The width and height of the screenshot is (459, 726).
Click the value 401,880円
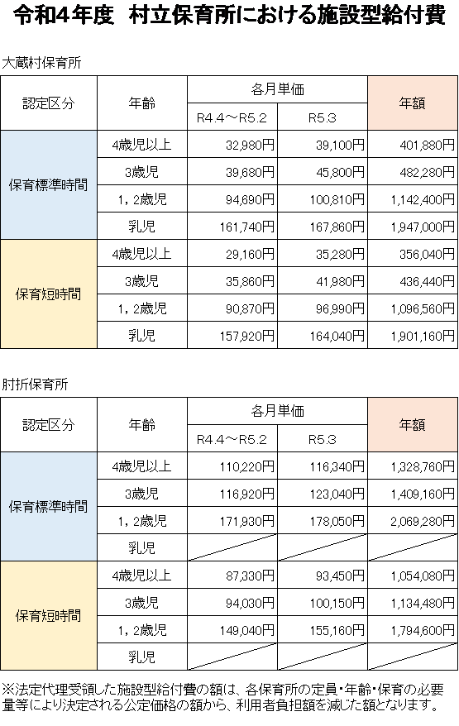pyautogui.click(x=427, y=145)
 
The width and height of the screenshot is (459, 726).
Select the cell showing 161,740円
pyautogui.click(x=247, y=227)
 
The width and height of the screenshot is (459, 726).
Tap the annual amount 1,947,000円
pyautogui.click(x=423, y=227)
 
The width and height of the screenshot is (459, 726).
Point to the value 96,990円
pyautogui.click(x=340, y=308)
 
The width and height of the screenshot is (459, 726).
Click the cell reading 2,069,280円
pyautogui.click(x=423, y=522)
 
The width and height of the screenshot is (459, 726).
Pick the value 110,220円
pyautogui.click(x=247, y=466)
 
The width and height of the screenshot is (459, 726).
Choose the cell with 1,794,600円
pyautogui.click(x=423, y=631)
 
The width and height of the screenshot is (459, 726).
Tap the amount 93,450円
pyautogui.click(x=340, y=576)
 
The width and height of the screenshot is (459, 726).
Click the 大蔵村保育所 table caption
pyautogui.click(x=41, y=63)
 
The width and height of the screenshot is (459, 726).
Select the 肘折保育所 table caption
pyautogui.click(x=36, y=384)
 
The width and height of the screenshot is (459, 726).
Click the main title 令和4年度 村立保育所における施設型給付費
pyautogui.click(x=229, y=15)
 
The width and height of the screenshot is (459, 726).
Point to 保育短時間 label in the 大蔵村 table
pyautogui.click(x=48, y=294)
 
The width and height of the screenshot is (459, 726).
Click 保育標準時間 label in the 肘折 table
pyautogui.click(x=48, y=507)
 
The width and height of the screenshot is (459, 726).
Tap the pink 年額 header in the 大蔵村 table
pyautogui.click(x=412, y=103)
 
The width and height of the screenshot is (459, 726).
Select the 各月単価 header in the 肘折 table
pyautogui.click(x=277, y=411)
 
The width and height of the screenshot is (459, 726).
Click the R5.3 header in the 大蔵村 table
pyautogui.click(x=323, y=117)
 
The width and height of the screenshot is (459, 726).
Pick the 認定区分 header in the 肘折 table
pyautogui.click(x=49, y=424)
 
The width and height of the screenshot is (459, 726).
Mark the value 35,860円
pyautogui.click(x=250, y=281)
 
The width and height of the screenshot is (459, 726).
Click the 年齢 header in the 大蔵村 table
pyautogui.click(x=142, y=103)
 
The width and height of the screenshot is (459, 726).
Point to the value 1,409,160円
pyautogui.click(x=423, y=494)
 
